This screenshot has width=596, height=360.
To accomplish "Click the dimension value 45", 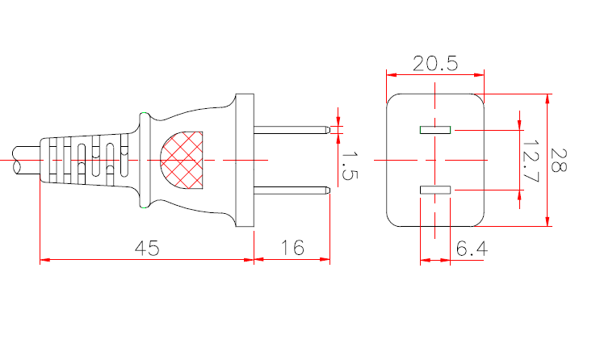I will pyautogui.click(x=147, y=248).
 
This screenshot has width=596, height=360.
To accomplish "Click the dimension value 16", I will pyautogui.click(x=292, y=248).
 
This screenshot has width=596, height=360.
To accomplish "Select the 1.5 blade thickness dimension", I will pyautogui.click(x=349, y=165).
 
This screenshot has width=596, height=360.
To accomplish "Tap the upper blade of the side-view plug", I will pyautogui.click(x=292, y=128).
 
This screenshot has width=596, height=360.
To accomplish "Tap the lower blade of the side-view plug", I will pyautogui.click(x=292, y=191).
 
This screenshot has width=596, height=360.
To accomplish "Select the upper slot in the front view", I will pyautogui.click(x=435, y=129).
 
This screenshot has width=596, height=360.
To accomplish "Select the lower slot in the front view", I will pyautogui.click(x=435, y=190).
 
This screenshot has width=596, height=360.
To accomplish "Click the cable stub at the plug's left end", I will pyautogui.click(x=24, y=160).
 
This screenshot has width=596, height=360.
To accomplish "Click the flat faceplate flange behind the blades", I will pyautogui.click(x=245, y=160).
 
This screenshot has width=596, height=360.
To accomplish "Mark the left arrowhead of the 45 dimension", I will pyautogui.click(x=44, y=260).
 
